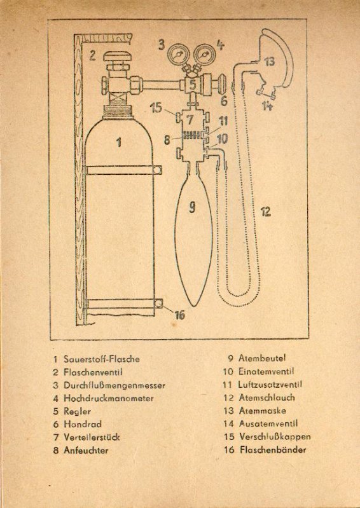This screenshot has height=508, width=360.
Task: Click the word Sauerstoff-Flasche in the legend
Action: [x=102, y=359]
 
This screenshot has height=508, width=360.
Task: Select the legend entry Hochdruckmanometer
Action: [x=109, y=399]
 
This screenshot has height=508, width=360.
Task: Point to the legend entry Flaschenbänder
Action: [x=273, y=450]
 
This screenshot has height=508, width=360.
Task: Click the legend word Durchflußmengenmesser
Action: [x=114, y=385]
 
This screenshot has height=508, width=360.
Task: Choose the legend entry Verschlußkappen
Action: [x=275, y=437]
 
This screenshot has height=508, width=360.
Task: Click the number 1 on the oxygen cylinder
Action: [x=119, y=142]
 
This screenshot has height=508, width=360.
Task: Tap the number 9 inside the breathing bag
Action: [x=192, y=207]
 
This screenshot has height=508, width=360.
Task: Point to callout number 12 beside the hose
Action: [x=266, y=212]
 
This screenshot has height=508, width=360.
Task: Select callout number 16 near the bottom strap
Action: [x=180, y=315]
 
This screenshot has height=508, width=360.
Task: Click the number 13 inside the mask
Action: [x=270, y=62]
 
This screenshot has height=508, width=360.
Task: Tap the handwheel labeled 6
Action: [x=222, y=84]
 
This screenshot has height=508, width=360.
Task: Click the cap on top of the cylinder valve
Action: [x=117, y=57]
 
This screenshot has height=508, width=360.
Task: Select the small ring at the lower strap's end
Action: [x=158, y=303]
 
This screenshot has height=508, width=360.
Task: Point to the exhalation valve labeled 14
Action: [x=266, y=95]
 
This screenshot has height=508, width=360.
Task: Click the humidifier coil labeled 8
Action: [x=193, y=135]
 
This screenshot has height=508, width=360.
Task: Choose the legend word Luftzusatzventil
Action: [x=270, y=385]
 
